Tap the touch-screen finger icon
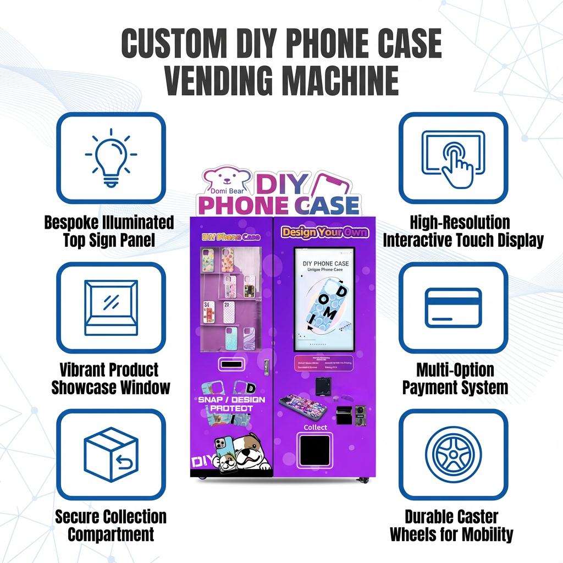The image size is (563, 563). click(x=454, y=158)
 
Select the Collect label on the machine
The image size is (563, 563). click(x=315, y=427)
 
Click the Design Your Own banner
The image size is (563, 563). click(x=324, y=232)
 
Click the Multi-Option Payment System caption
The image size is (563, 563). click(x=455, y=378)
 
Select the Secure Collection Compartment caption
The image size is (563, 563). click(x=111, y=525)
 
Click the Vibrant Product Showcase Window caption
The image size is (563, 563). click(x=111, y=378)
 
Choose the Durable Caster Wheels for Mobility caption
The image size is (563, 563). click(x=451, y=525)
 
